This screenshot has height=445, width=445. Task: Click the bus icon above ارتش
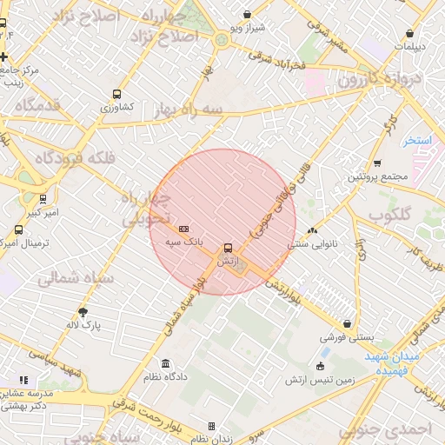228,248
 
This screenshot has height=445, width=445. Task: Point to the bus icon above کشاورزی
116,94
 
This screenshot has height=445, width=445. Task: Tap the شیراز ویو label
247,29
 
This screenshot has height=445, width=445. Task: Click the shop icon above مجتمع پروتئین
376,163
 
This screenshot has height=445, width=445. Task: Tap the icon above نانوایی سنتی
312,230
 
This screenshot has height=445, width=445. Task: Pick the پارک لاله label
85,325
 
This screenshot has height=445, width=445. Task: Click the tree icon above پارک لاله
83,311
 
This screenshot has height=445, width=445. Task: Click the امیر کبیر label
40,212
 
